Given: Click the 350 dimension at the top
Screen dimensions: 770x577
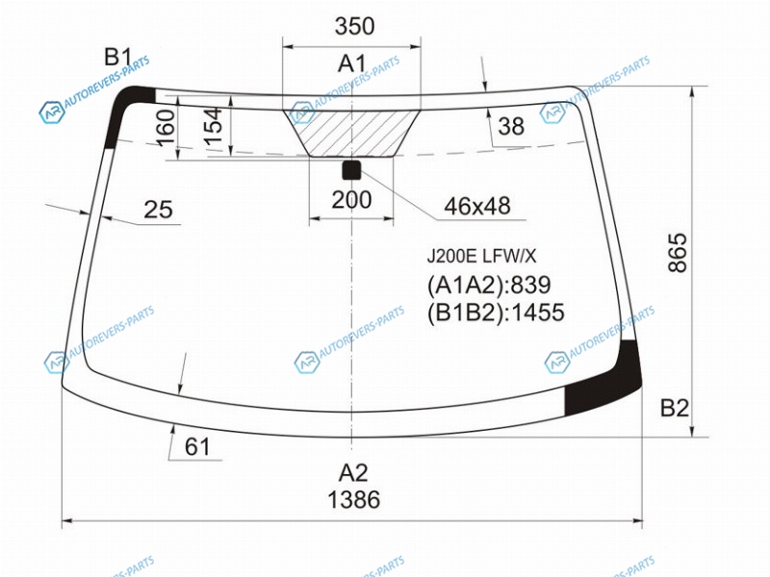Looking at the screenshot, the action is click(x=354, y=26).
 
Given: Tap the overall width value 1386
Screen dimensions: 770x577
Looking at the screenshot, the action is click(x=353, y=499).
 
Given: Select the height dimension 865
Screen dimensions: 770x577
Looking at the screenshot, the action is click(x=678, y=252).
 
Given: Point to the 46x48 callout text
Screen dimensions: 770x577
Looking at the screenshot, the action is click(x=477, y=206).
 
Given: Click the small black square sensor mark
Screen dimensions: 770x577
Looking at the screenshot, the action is click(x=351, y=170).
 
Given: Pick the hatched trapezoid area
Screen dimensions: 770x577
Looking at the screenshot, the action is click(x=351, y=134).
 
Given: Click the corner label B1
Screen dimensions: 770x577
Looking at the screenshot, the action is click(x=117, y=57).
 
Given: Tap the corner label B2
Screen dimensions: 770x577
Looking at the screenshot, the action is click(x=675, y=408).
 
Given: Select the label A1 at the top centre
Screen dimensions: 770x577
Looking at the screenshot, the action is click(x=352, y=63).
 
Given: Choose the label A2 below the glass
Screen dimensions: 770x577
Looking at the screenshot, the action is click(x=353, y=473).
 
